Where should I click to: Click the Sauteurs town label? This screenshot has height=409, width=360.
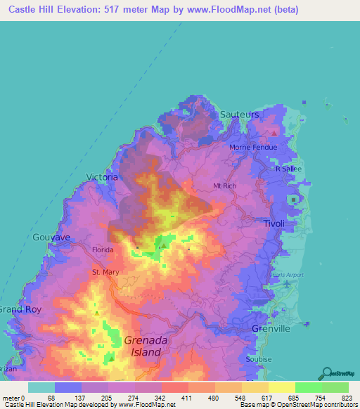[x=239, y=114]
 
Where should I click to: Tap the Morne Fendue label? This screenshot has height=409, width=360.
[x=253, y=147]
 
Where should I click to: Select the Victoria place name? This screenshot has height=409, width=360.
[x=101, y=177]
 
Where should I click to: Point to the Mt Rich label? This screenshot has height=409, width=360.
[x=227, y=186]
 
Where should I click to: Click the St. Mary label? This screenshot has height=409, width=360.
[x=105, y=272]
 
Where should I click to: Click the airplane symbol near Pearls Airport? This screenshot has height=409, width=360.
[x=289, y=283]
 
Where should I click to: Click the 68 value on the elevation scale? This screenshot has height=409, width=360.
[x=51, y=398]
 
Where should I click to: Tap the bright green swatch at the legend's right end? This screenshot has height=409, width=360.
[x=335, y=387]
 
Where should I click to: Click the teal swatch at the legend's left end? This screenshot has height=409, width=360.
[x=41, y=387]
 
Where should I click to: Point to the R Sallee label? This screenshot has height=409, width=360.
[x=288, y=169]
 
